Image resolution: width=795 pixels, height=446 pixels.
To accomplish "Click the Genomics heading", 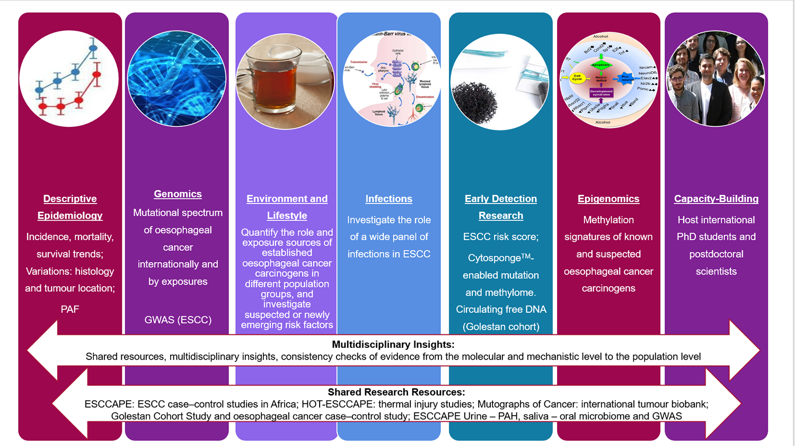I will [x=178, y=194].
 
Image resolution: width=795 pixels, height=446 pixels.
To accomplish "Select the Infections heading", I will [x=388, y=199].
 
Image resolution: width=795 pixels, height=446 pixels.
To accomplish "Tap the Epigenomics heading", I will [x=608, y=199].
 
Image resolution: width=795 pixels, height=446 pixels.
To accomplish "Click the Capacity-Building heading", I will [x=716, y=199].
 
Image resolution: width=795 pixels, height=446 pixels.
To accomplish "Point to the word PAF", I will [x=69, y=309].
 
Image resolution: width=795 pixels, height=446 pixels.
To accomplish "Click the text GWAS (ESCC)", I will [x=178, y=320].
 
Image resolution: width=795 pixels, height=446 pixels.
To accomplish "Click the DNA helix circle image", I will [x=176, y=78].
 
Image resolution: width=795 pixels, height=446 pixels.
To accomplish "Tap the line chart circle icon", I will [x=69, y=78].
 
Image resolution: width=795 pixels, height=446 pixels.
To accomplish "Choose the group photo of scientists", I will [x=715, y=78].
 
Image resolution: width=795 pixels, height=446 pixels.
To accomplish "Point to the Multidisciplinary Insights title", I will [x=393, y=345].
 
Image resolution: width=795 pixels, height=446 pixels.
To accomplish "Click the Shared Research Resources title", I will [x=396, y=392].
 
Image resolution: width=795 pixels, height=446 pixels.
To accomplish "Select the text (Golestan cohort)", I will [x=501, y=327].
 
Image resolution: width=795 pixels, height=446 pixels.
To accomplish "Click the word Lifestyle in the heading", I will [x=287, y=216].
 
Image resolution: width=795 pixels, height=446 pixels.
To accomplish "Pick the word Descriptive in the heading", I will [x=70, y=199].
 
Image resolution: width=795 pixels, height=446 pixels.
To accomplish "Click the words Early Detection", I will [x=501, y=199].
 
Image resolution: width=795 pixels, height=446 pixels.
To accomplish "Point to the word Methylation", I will [x=608, y=220].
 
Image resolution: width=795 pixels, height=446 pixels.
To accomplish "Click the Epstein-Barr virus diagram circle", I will [x=392, y=78].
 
